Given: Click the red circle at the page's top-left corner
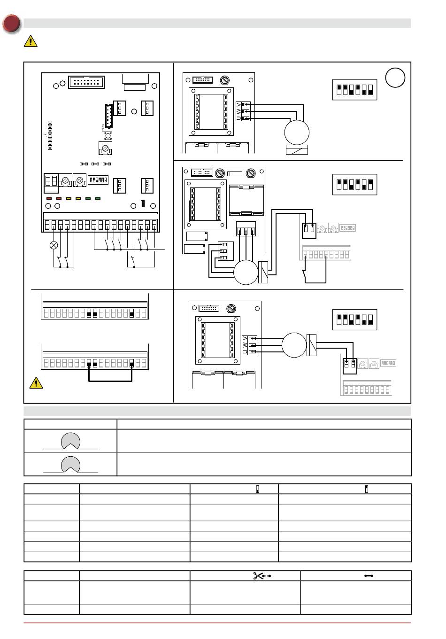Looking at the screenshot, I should (11, 24).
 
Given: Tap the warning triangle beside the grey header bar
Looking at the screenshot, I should (31, 41).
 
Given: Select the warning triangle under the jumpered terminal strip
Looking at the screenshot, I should (36, 383).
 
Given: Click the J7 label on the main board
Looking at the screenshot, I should (46, 135).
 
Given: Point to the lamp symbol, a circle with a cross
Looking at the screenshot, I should (54, 245).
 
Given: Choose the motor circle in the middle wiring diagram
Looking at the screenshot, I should (246, 272).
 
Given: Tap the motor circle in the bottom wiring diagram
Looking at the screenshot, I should (294, 344).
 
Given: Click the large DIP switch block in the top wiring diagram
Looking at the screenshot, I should (354, 89).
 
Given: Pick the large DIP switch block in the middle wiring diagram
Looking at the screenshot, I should (354, 184).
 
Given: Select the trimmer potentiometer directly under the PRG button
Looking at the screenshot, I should (106, 148).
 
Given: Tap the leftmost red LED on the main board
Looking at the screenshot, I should (49, 199).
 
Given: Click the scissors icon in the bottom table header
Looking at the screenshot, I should (259, 576).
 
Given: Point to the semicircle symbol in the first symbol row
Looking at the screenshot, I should (70, 441).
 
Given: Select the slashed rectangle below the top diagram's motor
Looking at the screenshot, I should (297, 150).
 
